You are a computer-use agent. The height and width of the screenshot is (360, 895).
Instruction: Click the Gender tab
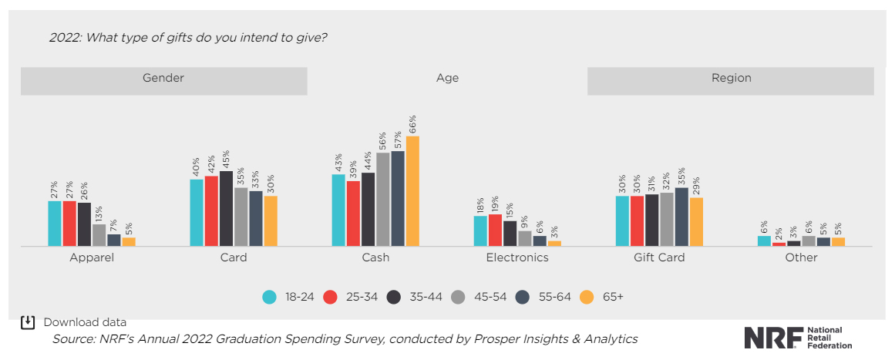tap(163, 79)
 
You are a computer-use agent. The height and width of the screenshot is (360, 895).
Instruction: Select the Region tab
tap(731, 79)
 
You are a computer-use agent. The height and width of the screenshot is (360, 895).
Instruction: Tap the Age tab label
tap(447, 79)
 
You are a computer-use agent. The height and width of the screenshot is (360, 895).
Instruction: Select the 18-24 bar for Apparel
tap(55, 224)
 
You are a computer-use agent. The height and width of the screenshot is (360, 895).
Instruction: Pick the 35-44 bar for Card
tap(226, 208)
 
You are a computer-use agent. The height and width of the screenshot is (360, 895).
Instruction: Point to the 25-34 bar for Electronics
tap(495, 230)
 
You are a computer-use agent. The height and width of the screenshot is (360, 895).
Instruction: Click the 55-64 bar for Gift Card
tap(681, 217)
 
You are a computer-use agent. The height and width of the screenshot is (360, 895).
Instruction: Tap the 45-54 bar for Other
tap(809, 241)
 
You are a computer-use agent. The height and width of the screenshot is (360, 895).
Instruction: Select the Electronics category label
tap(517, 257)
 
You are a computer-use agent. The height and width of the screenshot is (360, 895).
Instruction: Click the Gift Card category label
tap(659, 257)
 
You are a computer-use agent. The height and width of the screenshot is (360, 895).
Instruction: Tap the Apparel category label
tap(92, 257)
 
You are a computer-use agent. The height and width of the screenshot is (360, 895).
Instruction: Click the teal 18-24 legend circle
tap(270, 297)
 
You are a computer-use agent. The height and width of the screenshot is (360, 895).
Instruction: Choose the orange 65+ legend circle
tap(587, 297)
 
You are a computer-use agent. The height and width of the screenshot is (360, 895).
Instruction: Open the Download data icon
tap(28, 322)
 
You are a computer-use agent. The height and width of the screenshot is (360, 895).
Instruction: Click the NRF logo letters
tap(772, 338)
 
